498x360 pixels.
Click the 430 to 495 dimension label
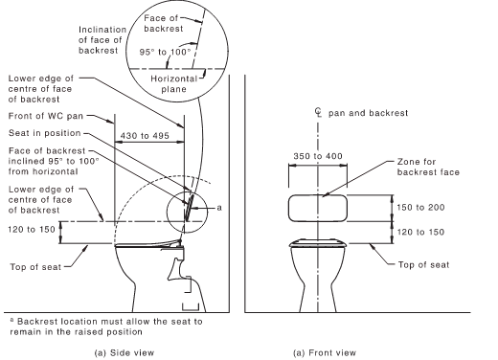click(145, 136)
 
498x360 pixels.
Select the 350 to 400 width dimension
click(318, 156)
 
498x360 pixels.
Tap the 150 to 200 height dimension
click(420, 208)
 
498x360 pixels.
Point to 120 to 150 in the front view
click(420, 232)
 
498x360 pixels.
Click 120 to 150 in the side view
click(32, 229)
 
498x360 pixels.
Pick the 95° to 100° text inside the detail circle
click(165, 52)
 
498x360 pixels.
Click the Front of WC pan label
click(46, 116)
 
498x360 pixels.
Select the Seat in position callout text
click(45, 133)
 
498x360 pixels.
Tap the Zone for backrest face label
click(428, 167)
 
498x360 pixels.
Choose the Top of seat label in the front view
click(423, 264)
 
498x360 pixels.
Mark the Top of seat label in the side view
click(35, 266)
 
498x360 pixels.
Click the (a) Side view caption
click(124, 352)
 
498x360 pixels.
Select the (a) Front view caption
click(325, 352)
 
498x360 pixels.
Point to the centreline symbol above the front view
click(318, 112)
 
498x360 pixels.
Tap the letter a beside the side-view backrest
click(219, 208)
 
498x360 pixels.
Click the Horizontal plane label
click(174, 83)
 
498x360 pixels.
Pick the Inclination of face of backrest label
click(102, 40)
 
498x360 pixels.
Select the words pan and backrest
click(368, 113)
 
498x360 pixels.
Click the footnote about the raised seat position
click(106, 326)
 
